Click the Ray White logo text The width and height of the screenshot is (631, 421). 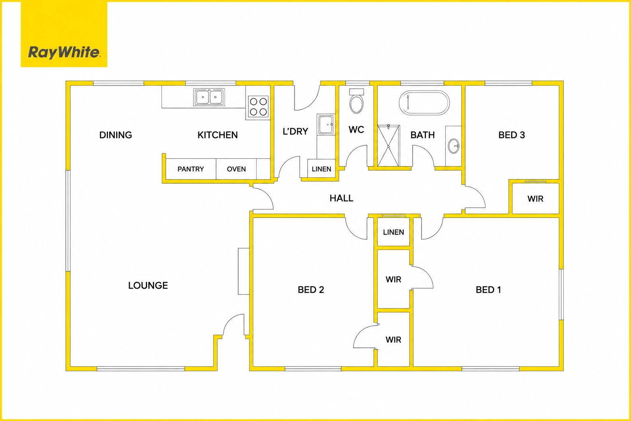pos(64,53)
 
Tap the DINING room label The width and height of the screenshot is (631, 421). pos(115,135)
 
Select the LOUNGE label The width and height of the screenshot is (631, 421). pos(148,285)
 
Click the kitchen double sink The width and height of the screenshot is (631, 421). pos(209,97)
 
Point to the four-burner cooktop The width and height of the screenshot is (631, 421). pos(258,106)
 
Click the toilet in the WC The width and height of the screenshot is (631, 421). pos(356,101)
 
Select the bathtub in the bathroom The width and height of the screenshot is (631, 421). pos(424,103)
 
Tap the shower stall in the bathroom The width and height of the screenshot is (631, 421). pos(389,146)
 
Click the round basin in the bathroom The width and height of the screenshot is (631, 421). pos(454,146)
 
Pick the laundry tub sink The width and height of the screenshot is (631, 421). pos(326,124)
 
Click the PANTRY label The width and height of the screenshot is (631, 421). pos(191,169)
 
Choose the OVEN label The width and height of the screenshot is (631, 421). pos(236,169)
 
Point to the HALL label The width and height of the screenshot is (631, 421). pos(341,198)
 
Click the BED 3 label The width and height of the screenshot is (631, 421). pos(511,135)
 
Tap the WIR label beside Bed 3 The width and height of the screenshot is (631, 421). pos(535,199)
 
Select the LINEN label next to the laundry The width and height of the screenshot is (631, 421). pos(321,169)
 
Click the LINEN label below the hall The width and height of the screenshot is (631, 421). pos(394,232)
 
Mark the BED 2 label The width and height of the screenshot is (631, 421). pos(311,290)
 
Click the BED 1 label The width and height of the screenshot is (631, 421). pos(488,290)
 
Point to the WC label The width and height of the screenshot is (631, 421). pos(356,130)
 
